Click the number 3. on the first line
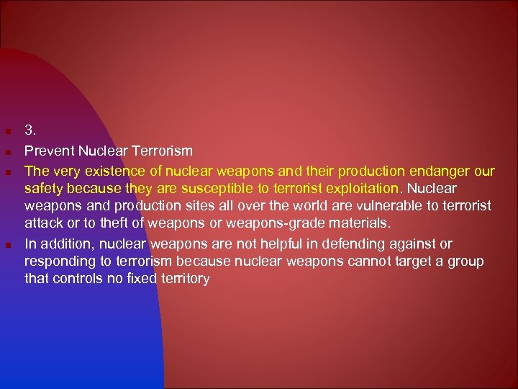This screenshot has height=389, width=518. click(30, 131)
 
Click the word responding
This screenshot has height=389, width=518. click(58, 261)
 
